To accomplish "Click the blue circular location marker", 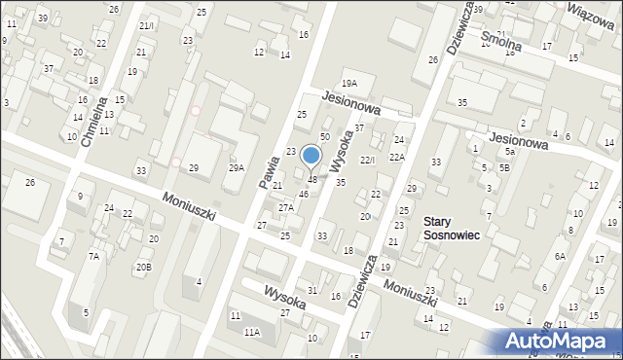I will pos(311,155).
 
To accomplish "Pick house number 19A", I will pos(348,84).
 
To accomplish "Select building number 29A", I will pos(237,168).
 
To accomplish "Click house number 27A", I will pos(285,207).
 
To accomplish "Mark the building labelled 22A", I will pos(397,157).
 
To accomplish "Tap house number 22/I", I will pos(367,160).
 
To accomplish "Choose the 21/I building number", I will pos(146,25).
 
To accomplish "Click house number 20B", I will pos(143,267).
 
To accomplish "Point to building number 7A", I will pos(94,256).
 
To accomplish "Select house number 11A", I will pos(251,333).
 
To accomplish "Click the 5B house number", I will pos(504,167).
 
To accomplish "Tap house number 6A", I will pos(560,256).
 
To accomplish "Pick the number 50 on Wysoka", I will pos(325,137).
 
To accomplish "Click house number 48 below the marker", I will pos(312,179).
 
